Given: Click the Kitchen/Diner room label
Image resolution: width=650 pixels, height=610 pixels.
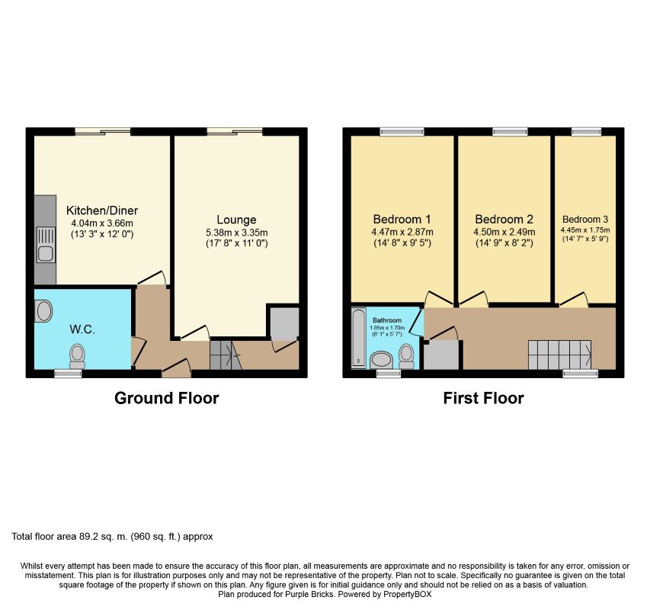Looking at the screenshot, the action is (x=102, y=210).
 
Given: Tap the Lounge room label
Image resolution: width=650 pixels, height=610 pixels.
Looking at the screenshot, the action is (x=236, y=220).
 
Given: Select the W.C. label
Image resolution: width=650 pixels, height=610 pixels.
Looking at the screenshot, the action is (x=82, y=329).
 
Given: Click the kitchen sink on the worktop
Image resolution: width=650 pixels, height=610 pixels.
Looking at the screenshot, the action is (x=46, y=245).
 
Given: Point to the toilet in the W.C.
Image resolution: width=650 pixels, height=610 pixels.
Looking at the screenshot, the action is (x=77, y=356).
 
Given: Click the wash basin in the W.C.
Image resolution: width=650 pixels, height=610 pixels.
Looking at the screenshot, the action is (x=43, y=311).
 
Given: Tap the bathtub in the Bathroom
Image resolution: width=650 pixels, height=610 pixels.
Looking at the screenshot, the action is (x=359, y=338).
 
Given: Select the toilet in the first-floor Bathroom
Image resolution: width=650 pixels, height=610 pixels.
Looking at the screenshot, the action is (x=406, y=357).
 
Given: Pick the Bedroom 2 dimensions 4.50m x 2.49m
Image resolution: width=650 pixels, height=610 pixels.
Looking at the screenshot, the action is (x=504, y=233).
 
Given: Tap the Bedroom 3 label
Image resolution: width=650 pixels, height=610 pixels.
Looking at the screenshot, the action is (x=585, y=220).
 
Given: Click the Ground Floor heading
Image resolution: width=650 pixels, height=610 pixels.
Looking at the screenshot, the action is (x=167, y=398).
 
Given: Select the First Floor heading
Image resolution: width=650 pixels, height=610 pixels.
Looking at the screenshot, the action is (x=483, y=398).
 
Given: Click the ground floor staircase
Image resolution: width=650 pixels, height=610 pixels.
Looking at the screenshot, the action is (x=226, y=355).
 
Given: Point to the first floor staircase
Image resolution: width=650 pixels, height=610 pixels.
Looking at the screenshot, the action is (x=559, y=355).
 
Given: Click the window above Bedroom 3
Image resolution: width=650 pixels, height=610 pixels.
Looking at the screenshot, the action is (x=586, y=131).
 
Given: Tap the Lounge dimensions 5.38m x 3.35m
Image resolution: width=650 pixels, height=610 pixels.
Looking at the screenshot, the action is (x=237, y=233).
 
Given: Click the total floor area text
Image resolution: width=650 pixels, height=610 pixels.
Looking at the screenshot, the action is (x=112, y=537).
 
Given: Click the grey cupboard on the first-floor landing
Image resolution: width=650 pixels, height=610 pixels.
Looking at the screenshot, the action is (x=441, y=355).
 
